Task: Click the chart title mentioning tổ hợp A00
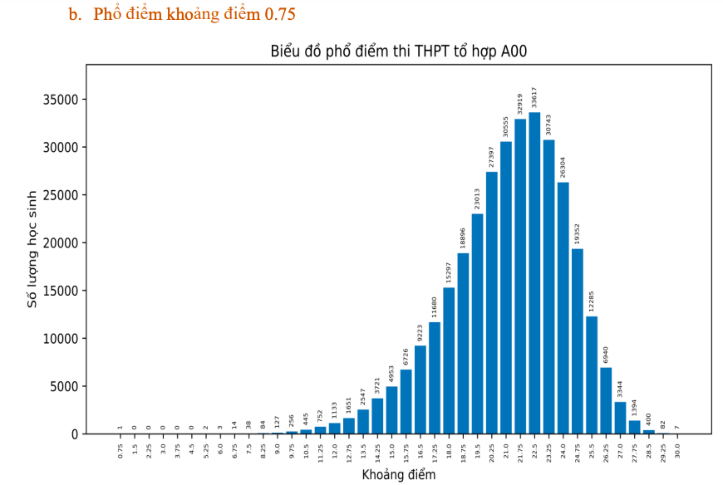click(399, 51)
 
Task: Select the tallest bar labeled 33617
click(534, 274)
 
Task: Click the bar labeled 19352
click(578, 341)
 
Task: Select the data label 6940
click(606, 355)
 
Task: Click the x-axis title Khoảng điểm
click(399, 475)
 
